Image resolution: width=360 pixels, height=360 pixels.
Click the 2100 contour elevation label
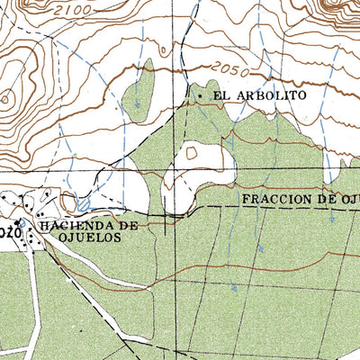click(71, 8)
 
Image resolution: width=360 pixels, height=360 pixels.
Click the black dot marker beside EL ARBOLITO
click(200, 94)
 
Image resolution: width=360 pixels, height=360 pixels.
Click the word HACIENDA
click(78, 226)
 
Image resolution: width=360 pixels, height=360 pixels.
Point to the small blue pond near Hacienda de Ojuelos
click(84, 205)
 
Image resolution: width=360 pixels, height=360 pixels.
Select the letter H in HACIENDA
click(41, 226)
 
